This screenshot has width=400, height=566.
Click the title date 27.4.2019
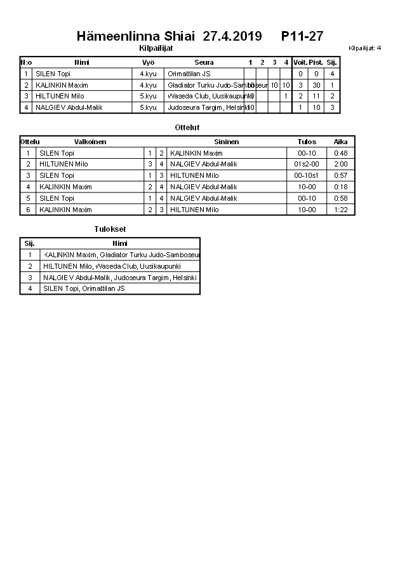[232, 37]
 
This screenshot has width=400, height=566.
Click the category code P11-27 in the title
[302, 37]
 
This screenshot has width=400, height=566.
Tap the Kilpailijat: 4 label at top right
[365, 48]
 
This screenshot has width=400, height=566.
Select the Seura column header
[204, 62]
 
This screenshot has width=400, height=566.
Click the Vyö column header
[149, 62]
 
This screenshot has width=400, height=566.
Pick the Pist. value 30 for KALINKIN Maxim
[316, 85]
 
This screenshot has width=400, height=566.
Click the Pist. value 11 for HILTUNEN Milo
[316, 97]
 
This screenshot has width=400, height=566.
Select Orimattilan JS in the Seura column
[189, 74]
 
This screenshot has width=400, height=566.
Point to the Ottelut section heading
[187, 128]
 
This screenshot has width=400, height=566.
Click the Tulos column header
[307, 142]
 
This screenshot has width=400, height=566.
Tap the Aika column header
[341, 142]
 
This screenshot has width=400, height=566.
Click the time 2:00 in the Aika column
[341, 164]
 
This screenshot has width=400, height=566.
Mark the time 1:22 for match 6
[341, 210]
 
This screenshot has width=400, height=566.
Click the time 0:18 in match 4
[341, 187]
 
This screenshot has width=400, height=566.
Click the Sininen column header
[227, 142]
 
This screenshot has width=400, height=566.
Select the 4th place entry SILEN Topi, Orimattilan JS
[84, 288]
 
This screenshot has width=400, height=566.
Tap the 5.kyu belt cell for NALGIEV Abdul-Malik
[149, 108]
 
